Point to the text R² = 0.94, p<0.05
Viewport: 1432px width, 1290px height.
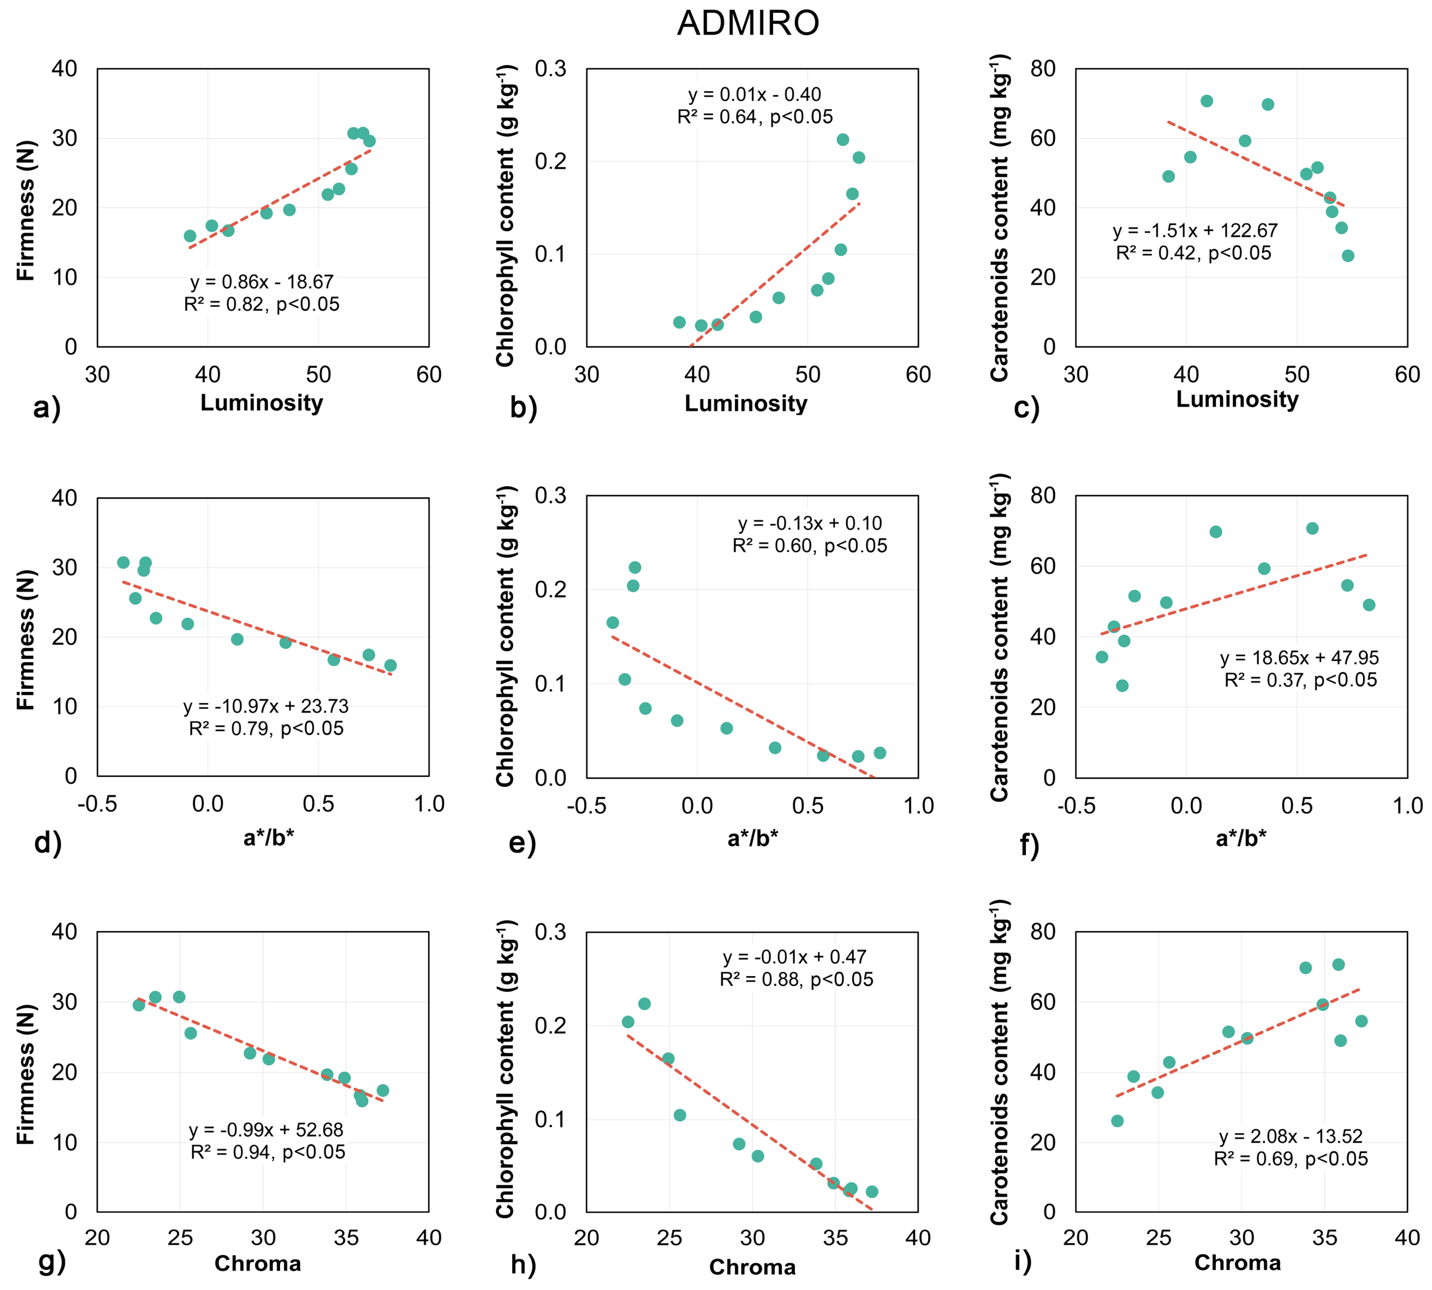[x=268, y=1152]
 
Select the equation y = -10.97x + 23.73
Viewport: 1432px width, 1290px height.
[x=266, y=706]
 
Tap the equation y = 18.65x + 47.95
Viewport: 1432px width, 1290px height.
[x=1299, y=658]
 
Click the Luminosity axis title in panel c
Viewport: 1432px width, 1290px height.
[x=1237, y=399]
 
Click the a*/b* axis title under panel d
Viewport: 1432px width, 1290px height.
[x=269, y=838]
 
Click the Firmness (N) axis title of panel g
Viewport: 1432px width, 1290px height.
[x=26, y=1074]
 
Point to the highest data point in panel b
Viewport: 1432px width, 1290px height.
[x=842, y=140]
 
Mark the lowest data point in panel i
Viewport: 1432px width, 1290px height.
[x=1117, y=1121]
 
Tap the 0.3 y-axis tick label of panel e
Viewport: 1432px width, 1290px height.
[x=551, y=496]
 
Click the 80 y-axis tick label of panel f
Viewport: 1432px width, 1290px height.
[x=1043, y=496]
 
